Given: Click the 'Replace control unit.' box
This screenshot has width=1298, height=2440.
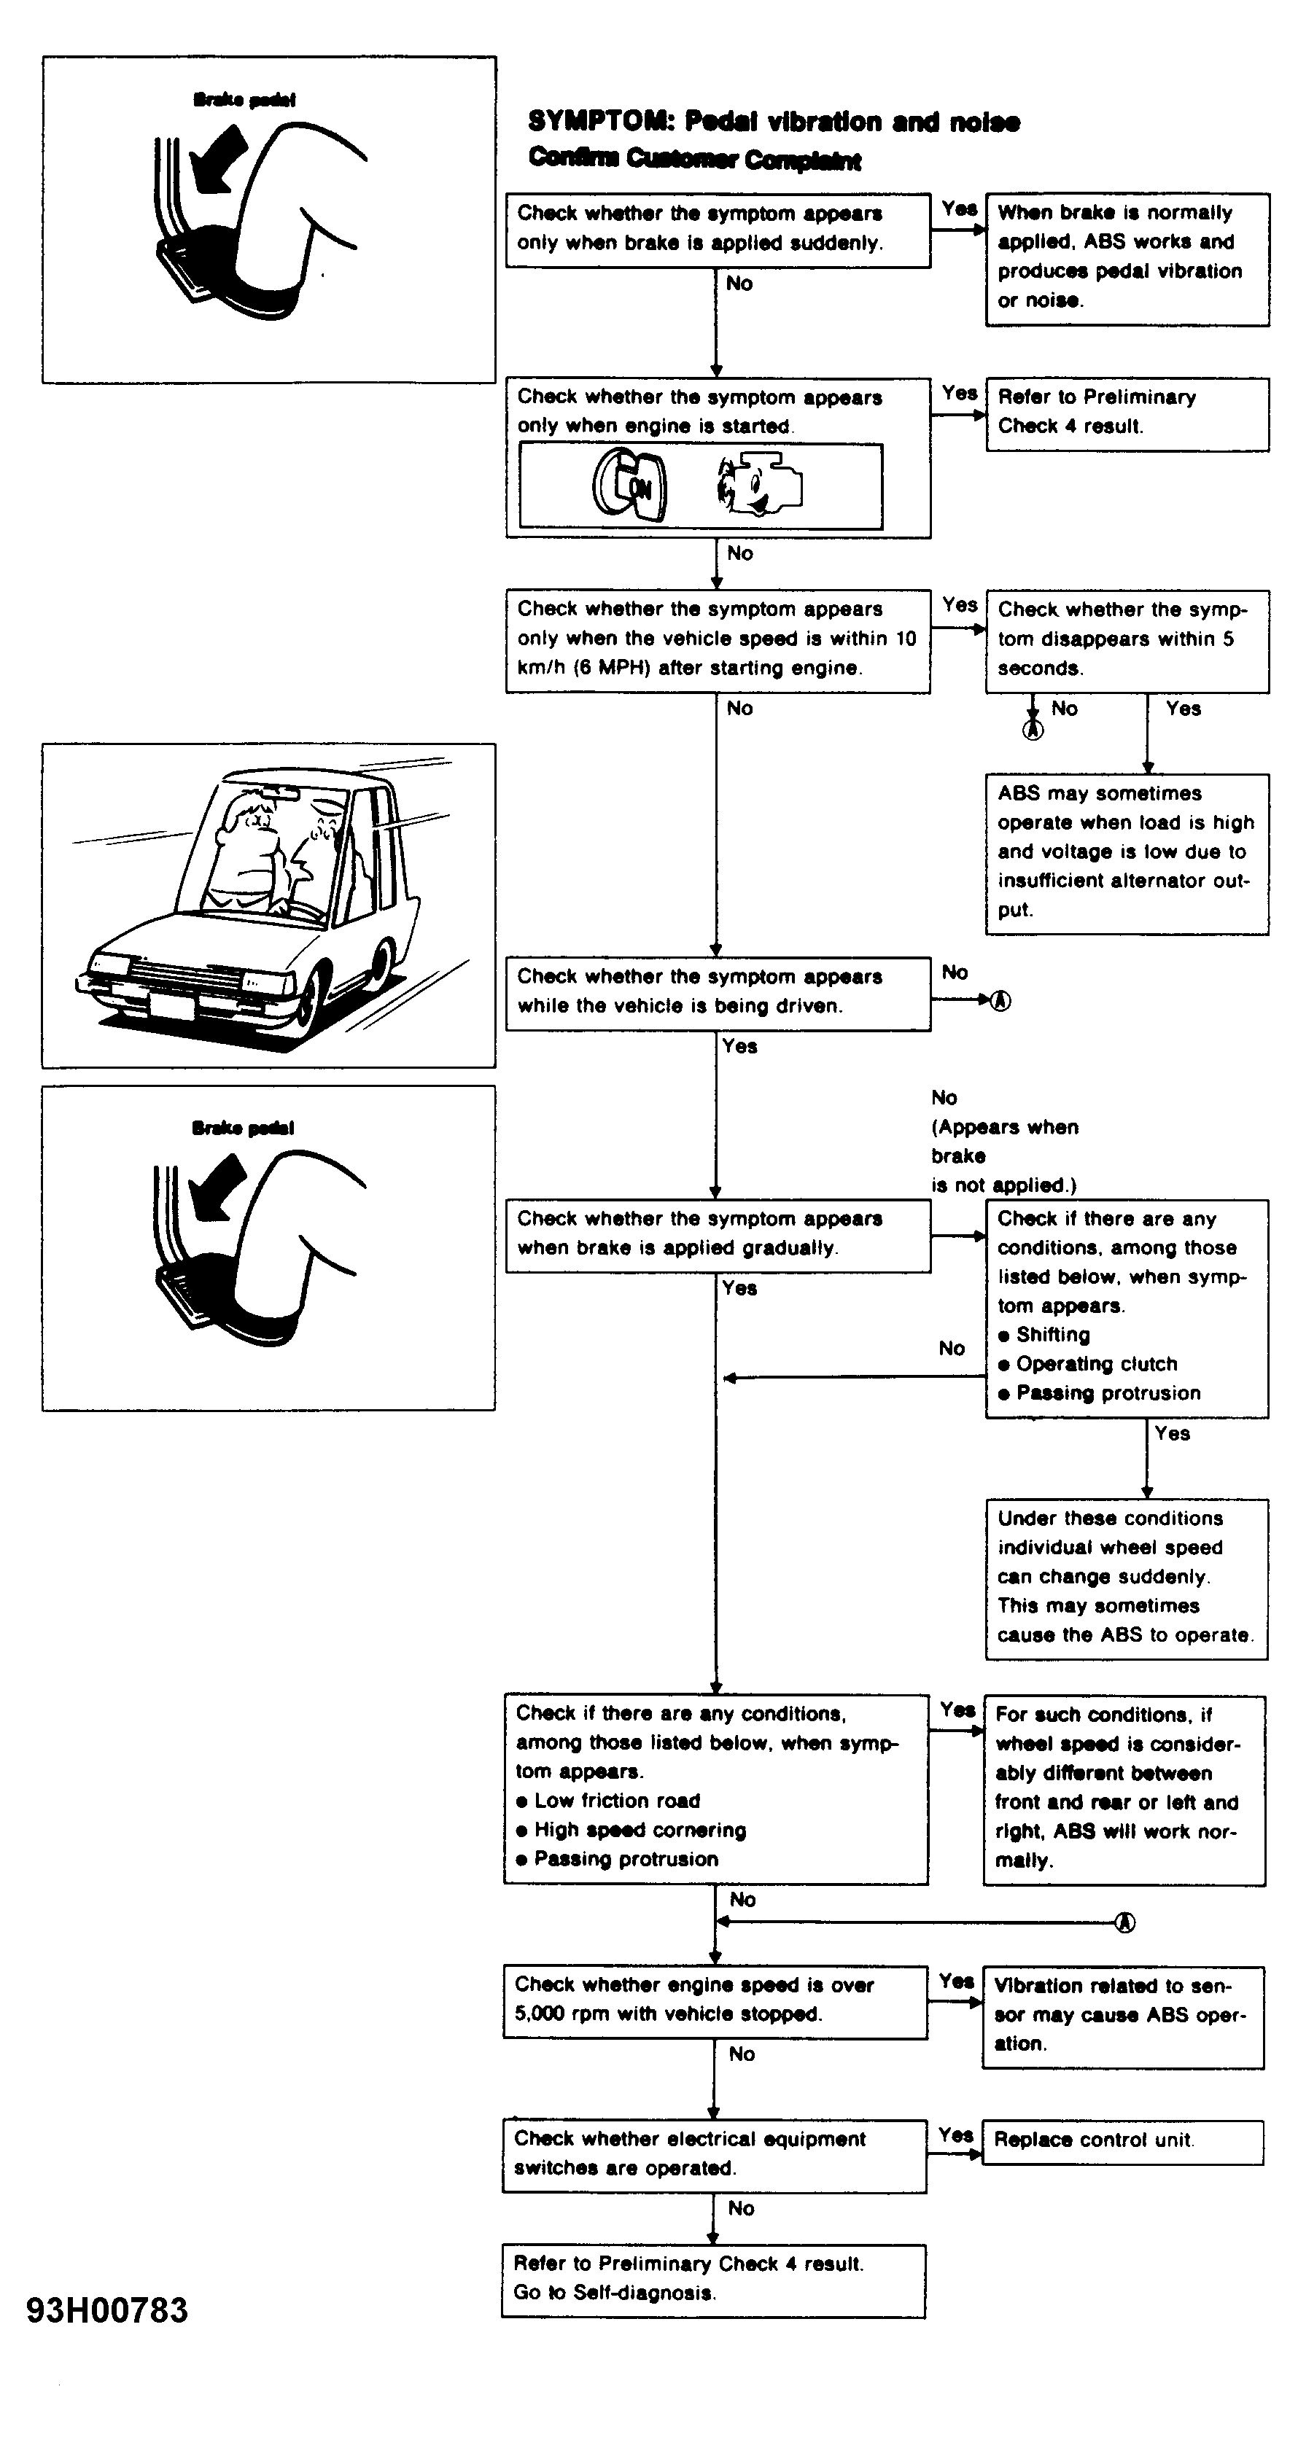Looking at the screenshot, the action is [1123, 2142].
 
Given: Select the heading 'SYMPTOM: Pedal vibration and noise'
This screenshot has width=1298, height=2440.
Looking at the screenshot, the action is [774, 122].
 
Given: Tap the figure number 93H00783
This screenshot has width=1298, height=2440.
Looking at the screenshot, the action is [107, 2310].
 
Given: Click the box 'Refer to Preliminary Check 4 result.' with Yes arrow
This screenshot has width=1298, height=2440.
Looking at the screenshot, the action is [1127, 414].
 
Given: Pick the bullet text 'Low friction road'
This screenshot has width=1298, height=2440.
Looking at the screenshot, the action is [617, 1801].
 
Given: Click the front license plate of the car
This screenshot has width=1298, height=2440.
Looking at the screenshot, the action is [171, 1004].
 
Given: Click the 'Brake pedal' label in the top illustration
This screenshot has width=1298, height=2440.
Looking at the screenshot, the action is [244, 99].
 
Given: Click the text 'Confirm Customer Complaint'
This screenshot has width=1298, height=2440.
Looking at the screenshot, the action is [694, 158].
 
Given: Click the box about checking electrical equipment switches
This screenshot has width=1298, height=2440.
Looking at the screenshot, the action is [715, 2155].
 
